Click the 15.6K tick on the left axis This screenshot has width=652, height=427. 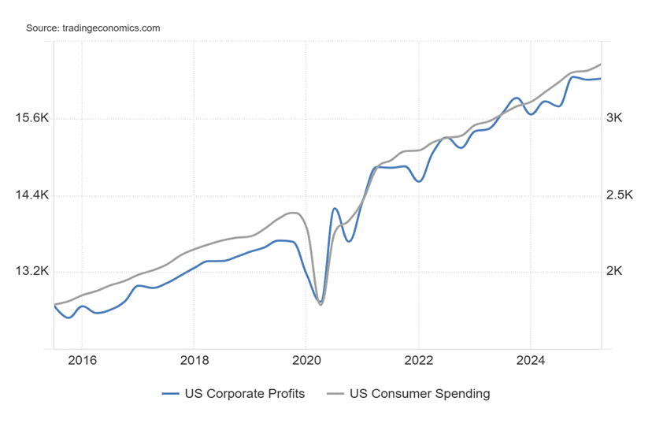(x=31, y=118)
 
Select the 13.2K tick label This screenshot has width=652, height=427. (x=31, y=271)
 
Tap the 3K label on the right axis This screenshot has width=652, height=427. (x=614, y=118)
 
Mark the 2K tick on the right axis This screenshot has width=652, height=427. (x=614, y=271)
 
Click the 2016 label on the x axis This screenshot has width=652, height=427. (x=82, y=361)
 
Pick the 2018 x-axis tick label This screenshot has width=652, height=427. (x=194, y=361)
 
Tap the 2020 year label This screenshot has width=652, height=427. (x=306, y=361)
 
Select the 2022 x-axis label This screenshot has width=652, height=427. (x=418, y=361)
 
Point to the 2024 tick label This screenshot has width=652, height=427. (x=530, y=361)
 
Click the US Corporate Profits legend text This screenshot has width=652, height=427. (x=244, y=393)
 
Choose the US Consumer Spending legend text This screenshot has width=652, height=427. (x=420, y=393)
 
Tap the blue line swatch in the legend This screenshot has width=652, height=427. (x=171, y=393)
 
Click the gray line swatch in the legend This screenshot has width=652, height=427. (x=335, y=393)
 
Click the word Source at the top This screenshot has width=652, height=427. (x=41, y=28)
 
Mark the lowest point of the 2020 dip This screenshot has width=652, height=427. (x=320, y=304)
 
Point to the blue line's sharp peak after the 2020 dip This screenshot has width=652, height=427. (x=335, y=209)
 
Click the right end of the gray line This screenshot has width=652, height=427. (x=601, y=64)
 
